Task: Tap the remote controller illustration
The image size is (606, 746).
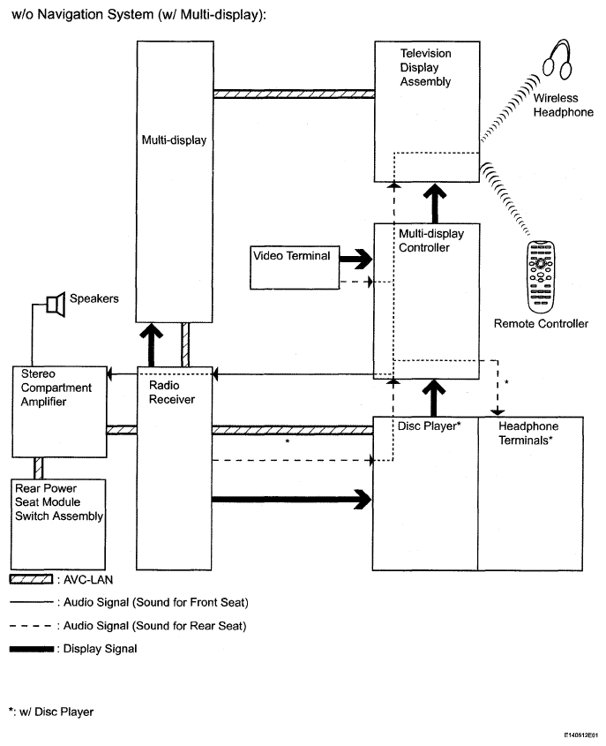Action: tap(541, 277)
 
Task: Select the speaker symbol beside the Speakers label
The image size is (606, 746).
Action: tap(56, 304)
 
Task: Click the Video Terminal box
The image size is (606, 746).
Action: tap(295, 268)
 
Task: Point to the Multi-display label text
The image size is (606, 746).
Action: tap(174, 140)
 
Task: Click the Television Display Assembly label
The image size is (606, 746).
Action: tap(425, 68)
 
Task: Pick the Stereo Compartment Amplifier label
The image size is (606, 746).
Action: tap(56, 388)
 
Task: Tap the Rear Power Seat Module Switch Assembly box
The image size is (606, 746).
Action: tap(58, 524)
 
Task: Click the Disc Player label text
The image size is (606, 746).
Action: tap(430, 426)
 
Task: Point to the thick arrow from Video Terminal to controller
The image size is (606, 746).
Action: tap(356, 260)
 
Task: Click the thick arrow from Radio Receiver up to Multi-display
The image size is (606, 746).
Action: tap(152, 345)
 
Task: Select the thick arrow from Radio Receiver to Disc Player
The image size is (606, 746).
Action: tap(291, 499)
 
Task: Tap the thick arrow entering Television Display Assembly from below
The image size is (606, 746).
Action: tap(434, 203)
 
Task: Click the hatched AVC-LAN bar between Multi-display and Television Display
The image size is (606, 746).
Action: tap(294, 94)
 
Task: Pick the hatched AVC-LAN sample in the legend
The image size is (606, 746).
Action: tap(32, 579)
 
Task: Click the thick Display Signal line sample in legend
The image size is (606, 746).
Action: tap(32, 649)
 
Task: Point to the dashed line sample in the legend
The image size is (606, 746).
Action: tap(30, 626)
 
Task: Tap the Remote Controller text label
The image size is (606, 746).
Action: tap(541, 324)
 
